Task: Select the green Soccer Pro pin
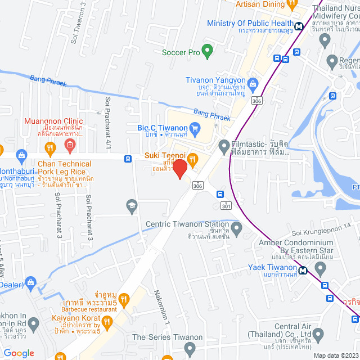(x=207, y=52)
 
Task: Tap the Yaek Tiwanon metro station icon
(x=303, y=269)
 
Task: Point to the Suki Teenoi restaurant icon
(x=192, y=159)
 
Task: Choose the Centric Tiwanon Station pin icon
(x=237, y=228)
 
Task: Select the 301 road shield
(x=226, y=206)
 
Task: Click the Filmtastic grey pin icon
(x=224, y=145)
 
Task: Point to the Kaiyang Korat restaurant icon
(x=107, y=322)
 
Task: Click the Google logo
(x=19, y=353)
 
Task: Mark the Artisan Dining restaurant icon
(x=291, y=4)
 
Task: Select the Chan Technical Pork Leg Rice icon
(x=50, y=149)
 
